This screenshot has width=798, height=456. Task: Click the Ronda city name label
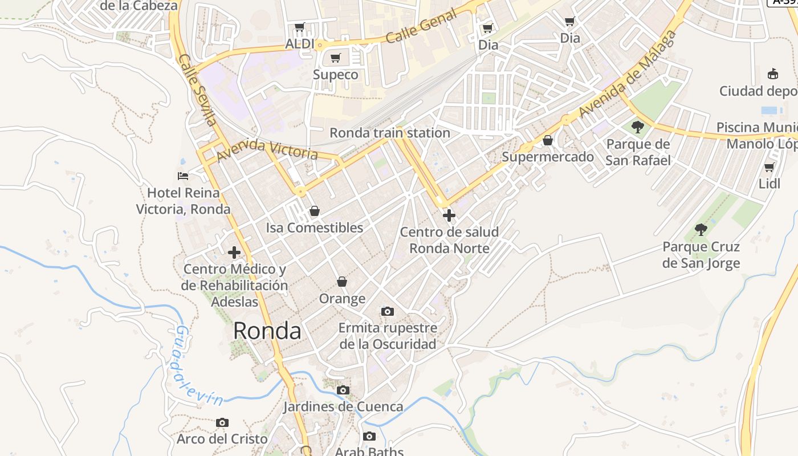(267, 331)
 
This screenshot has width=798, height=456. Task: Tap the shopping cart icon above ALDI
(300, 27)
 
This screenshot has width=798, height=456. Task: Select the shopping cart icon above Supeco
(336, 58)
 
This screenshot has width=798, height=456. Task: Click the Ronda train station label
(390, 133)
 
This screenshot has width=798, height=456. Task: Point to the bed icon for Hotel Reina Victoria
(182, 176)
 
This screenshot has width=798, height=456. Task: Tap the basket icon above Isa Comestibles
(314, 211)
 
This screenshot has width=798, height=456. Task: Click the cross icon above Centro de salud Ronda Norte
(449, 215)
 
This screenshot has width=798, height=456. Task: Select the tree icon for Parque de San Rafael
(638, 127)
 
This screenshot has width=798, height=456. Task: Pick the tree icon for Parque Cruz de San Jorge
(701, 230)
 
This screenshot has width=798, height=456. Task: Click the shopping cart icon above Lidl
(769, 167)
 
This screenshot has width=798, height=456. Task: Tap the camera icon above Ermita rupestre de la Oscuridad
(388, 311)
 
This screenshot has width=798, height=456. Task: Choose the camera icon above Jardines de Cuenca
(343, 390)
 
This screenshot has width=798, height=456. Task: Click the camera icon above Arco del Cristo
(222, 422)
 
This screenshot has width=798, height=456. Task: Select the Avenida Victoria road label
(267, 149)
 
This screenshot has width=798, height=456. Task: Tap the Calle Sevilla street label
(197, 90)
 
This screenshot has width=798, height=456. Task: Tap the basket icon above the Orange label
(342, 282)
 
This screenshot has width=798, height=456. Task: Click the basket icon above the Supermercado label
(548, 140)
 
